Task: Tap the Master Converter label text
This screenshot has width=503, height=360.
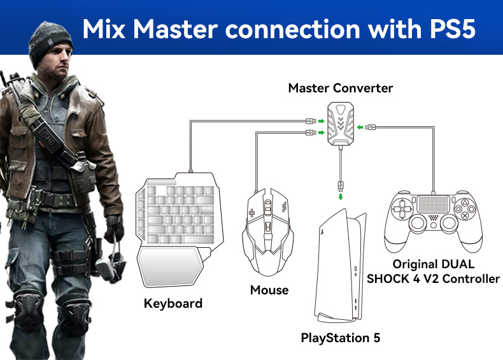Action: click(x=340, y=88)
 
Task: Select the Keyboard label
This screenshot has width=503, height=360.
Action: click(x=173, y=303)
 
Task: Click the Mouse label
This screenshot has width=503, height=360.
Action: click(x=269, y=291)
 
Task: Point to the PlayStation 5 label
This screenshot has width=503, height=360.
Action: click(x=340, y=338)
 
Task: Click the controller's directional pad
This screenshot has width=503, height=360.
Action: click(x=402, y=210)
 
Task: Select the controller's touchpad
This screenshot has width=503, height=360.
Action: click(x=434, y=205)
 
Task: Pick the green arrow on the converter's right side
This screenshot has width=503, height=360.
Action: click(x=360, y=127)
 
